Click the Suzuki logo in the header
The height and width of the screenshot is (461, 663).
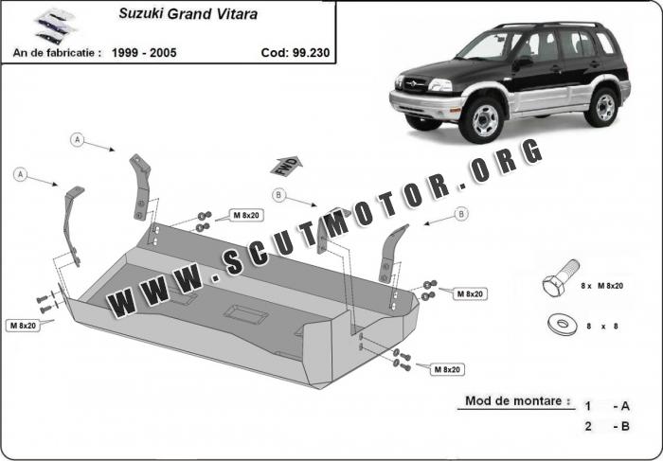point(55,27)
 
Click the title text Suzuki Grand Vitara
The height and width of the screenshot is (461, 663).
point(188,14)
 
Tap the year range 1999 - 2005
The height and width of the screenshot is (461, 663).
point(144,53)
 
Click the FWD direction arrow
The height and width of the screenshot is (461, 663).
point(286,166)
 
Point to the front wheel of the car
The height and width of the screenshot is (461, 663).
point(481,120)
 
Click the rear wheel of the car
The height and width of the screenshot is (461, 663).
point(602,108)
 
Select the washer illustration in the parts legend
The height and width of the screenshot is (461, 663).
point(563,325)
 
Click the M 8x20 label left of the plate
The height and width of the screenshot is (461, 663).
point(24,326)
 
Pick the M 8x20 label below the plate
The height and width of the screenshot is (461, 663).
point(447,370)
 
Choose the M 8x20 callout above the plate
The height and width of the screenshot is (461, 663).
point(246,216)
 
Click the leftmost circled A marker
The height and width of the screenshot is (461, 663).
point(20,174)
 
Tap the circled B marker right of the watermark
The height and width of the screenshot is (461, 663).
point(461,214)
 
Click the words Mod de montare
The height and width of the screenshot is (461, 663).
point(517,400)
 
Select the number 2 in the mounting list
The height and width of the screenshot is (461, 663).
point(588,426)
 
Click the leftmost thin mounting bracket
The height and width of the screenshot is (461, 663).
point(72,225)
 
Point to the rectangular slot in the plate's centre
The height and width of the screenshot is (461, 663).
point(245,314)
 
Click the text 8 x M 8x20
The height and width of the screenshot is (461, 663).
point(602,286)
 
